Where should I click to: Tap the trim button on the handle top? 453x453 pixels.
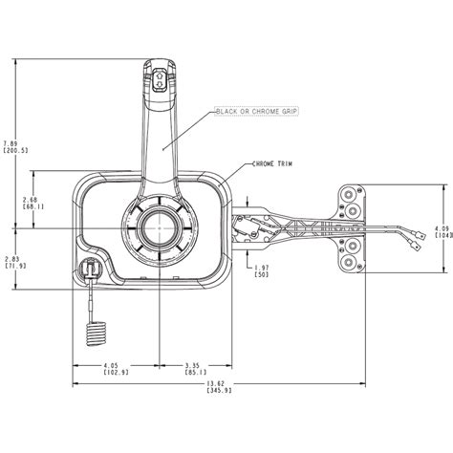[160, 78]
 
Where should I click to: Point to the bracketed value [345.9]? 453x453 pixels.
[219, 389]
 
